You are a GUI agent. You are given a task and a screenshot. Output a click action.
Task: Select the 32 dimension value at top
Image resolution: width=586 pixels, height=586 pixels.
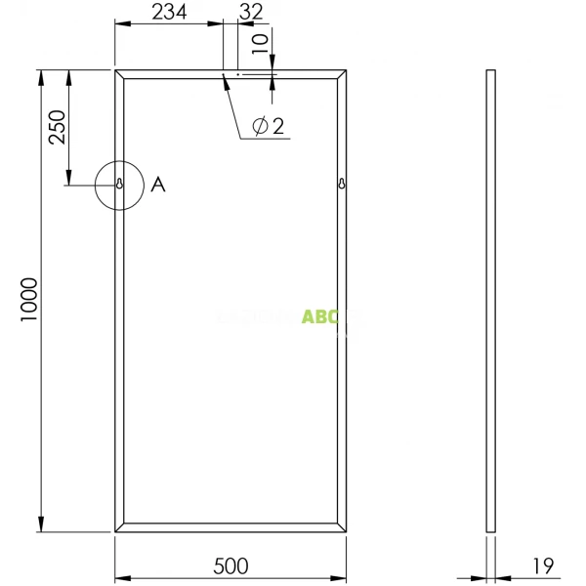pos(251,11)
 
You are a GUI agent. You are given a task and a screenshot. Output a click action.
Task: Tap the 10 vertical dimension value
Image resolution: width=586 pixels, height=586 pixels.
pos(259,44)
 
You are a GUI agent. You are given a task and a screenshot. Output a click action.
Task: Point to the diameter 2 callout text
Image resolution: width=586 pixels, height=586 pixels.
pos(268,126)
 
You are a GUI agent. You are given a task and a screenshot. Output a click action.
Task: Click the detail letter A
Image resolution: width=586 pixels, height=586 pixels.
pos(158,184)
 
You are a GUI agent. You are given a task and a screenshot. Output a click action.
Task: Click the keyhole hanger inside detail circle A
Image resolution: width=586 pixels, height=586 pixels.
pos(119,184)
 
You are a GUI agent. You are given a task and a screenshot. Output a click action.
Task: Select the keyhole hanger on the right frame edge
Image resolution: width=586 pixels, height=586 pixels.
pos(343,184)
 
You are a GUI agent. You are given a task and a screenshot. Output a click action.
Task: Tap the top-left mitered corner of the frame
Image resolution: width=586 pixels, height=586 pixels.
pos(119,74)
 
